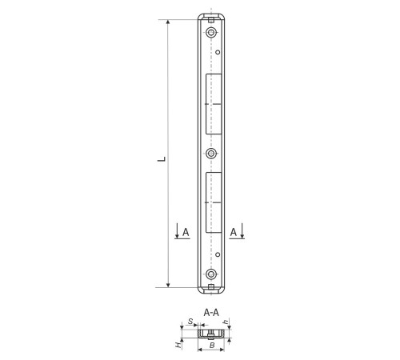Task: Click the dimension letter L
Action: [x=162, y=159]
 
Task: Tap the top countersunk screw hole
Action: [x=211, y=33]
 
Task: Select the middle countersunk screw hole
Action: [x=211, y=154]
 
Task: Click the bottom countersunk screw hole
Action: [x=211, y=274]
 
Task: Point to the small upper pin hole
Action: [x=218, y=52]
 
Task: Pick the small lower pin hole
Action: [x=218, y=254]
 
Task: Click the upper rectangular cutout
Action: [x=214, y=104]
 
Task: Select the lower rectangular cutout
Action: [x=214, y=202]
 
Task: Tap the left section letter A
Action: [x=186, y=232]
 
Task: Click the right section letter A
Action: [x=234, y=232]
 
